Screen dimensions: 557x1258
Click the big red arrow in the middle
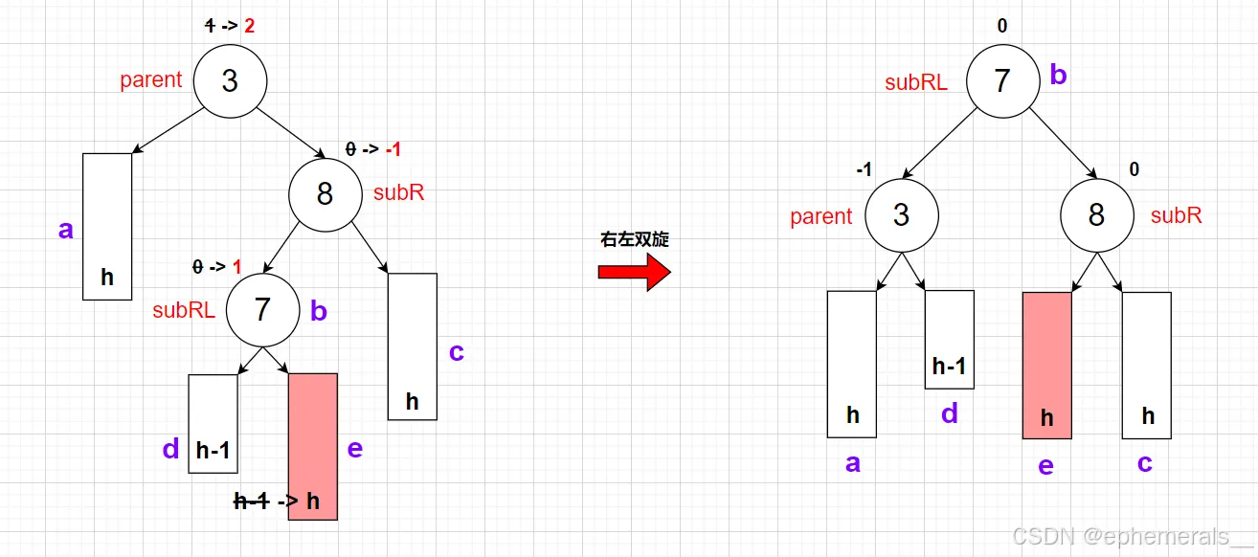pos(634,272)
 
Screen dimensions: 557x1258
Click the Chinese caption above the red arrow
pos(634,239)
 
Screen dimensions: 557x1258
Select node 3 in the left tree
pos(230,80)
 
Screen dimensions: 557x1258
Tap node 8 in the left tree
pos(325,194)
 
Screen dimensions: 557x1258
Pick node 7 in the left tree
pos(262,310)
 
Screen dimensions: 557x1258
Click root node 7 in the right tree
pos(1001,80)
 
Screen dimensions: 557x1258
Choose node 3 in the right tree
pos(901,214)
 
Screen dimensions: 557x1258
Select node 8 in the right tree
pos(1096,214)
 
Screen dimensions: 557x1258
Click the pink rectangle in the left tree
pos(313,446)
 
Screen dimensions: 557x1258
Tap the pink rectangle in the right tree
pos(1046,365)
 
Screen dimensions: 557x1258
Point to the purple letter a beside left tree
pos(65,230)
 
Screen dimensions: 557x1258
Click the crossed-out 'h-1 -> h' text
pos(278,500)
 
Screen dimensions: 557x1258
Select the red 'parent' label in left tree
pos(150,79)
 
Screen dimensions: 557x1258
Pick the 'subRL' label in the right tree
pos(916,82)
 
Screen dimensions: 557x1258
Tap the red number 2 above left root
pos(250,26)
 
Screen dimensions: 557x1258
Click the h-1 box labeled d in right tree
pos(949,340)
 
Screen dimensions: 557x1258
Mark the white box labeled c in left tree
pos(412,345)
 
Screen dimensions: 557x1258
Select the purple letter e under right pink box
pos(1045,466)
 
